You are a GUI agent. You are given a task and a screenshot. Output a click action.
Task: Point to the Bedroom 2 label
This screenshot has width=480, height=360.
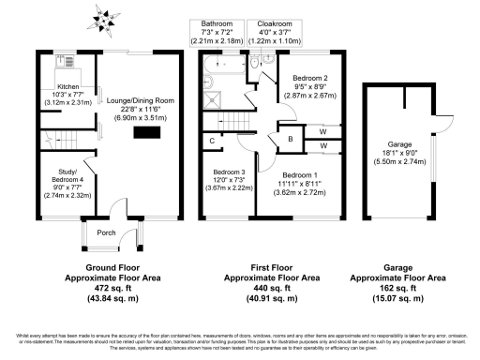coord(308,79)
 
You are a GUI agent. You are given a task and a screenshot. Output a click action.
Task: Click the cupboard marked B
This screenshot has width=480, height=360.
coord(291,140)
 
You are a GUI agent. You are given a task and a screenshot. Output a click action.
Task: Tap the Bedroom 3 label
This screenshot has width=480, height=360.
coord(230,173)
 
